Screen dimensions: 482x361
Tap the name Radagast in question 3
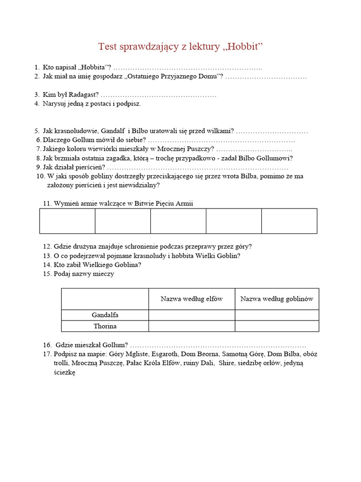pyautogui.click(x=84, y=95)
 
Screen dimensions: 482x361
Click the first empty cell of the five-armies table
pyautogui.click(x=67, y=221)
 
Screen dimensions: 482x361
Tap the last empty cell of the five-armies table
pyautogui.click(x=289, y=221)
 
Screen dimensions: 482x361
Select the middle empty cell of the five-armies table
pyautogui.click(x=178, y=221)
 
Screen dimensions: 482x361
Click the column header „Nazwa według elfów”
pyautogui.click(x=192, y=299)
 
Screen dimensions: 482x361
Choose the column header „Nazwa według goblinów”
pyautogui.click(x=277, y=299)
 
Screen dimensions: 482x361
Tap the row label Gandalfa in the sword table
pyautogui.click(x=105, y=315)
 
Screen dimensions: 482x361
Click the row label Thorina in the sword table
pyautogui.click(x=105, y=326)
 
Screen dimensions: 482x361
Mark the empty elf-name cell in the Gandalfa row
pyautogui.click(x=192, y=315)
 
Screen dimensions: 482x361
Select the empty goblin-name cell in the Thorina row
pyautogui.click(x=277, y=326)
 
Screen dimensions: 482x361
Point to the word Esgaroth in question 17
pyautogui.click(x=165, y=354)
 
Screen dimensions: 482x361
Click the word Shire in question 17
pyautogui.click(x=228, y=363)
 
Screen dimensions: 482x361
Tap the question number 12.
pyautogui.click(x=47, y=246)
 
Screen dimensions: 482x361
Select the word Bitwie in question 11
pyautogui.click(x=144, y=203)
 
